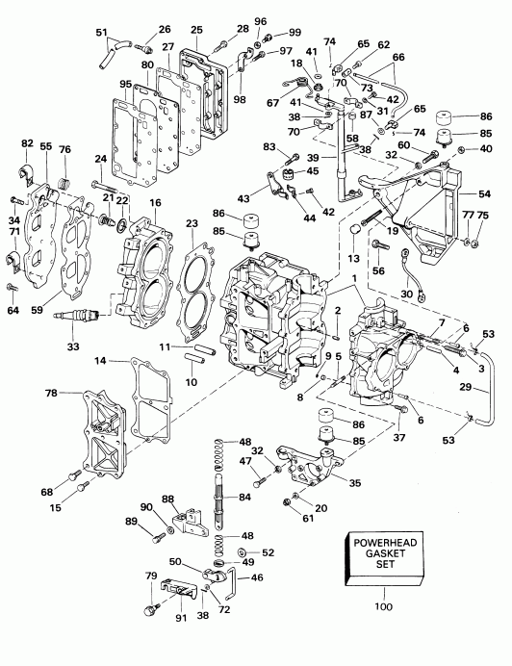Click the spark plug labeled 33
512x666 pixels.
click(76, 316)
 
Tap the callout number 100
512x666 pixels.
click(384, 606)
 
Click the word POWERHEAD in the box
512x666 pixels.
click(385, 543)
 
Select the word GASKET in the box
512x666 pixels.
click(385, 553)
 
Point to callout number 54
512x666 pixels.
click(484, 193)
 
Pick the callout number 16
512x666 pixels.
click(155, 203)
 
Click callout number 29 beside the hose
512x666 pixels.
click(466, 387)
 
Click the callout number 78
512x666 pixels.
click(51, 394)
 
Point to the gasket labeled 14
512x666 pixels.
click(151, 399)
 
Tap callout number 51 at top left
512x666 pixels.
click(102, 33)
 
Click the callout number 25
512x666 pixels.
click(196, 30)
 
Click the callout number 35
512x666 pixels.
click(355, 483)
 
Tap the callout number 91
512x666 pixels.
click(182, 618)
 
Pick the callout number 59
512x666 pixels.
click(37, 310)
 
